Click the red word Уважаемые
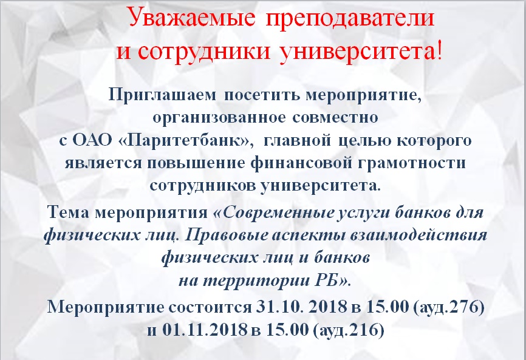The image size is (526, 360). pos(191,18)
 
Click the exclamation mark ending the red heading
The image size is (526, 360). pos(439,50)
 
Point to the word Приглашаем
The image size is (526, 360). pos(162,96)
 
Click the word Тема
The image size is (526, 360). pos(68,212)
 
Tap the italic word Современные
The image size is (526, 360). pos(275,213)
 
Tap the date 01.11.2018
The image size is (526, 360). pos(205,330)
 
